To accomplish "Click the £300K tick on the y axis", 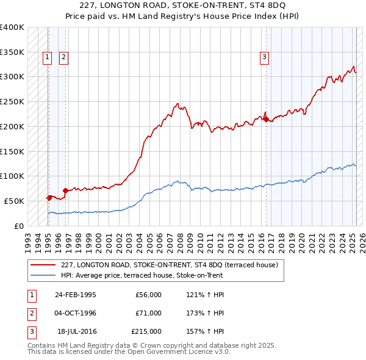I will (x=12, y=76).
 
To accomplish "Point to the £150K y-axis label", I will (x=12, y=151).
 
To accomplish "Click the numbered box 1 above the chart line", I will (x=48, y=58).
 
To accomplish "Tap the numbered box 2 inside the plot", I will (x=64, y=58).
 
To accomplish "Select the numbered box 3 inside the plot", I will (x=265, y=58).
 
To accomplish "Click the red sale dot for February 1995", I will (x=49, y=198).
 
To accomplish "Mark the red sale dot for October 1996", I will (x=65, y=190).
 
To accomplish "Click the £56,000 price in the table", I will (x=149, y=295).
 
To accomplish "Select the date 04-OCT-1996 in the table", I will (x=75, y=313).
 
